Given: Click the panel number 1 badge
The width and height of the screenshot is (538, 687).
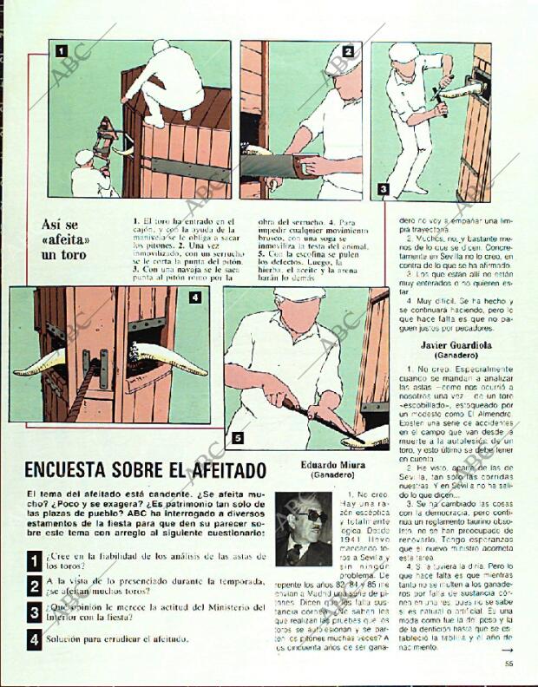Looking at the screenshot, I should click(x=62, y=50).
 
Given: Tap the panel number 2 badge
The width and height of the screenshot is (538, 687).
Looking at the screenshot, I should click(x=347, y=51).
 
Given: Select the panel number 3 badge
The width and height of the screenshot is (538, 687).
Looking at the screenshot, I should click(x=383, y=188).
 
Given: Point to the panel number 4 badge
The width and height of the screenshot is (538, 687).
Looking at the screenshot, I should click(x=195, y=298).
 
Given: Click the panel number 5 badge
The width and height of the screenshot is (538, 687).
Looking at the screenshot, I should click(x=237, y=439).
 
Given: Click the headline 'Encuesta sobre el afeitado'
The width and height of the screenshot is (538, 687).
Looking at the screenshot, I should click(x=145, y=470).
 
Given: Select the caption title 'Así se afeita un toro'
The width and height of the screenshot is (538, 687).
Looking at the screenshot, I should click(x=66, y=239).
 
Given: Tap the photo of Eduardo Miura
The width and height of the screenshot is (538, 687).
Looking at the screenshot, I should click(x=303, y=528).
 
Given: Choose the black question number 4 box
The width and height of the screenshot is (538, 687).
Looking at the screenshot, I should click(x=33, y=640).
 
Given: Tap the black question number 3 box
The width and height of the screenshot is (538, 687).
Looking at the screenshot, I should click(x=33, y=613).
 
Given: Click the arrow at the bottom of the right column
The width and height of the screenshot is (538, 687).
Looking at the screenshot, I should click(x=507, y=649).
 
